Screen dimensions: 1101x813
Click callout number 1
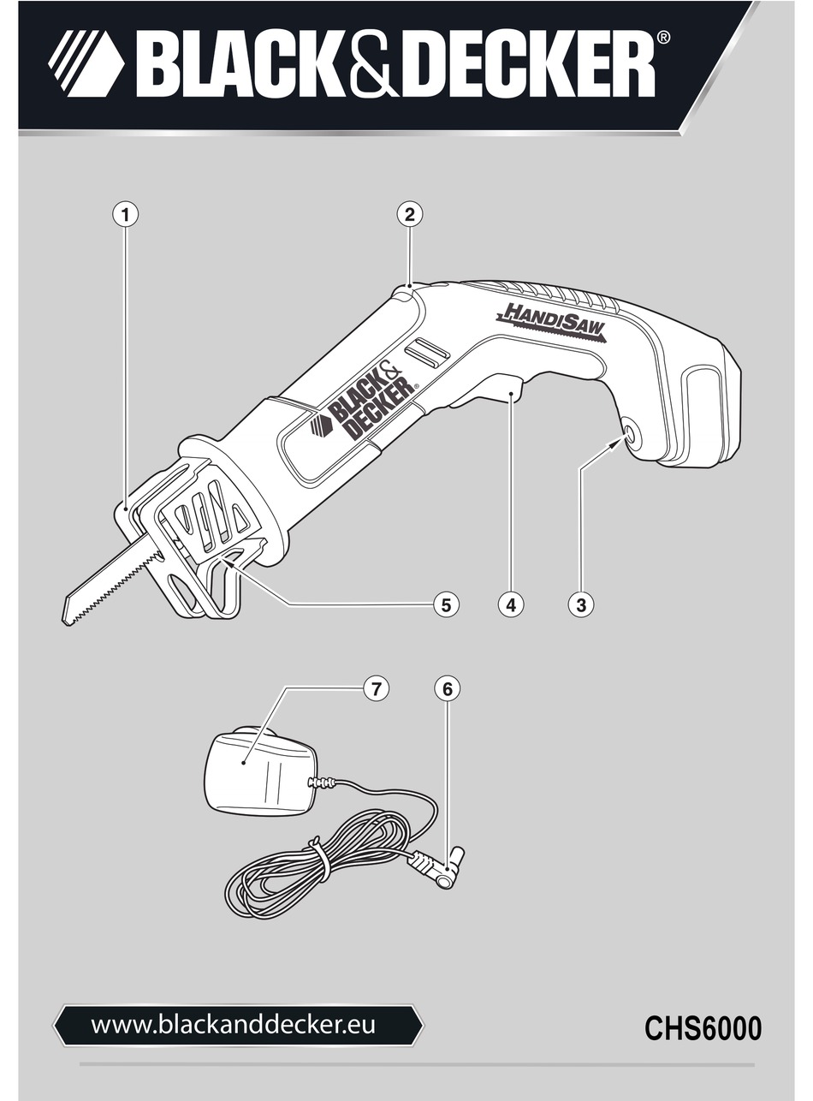126,214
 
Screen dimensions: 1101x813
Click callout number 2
410,214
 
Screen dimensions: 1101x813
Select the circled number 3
581,604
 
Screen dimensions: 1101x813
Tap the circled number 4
511,604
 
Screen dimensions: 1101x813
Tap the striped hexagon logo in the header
85,63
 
